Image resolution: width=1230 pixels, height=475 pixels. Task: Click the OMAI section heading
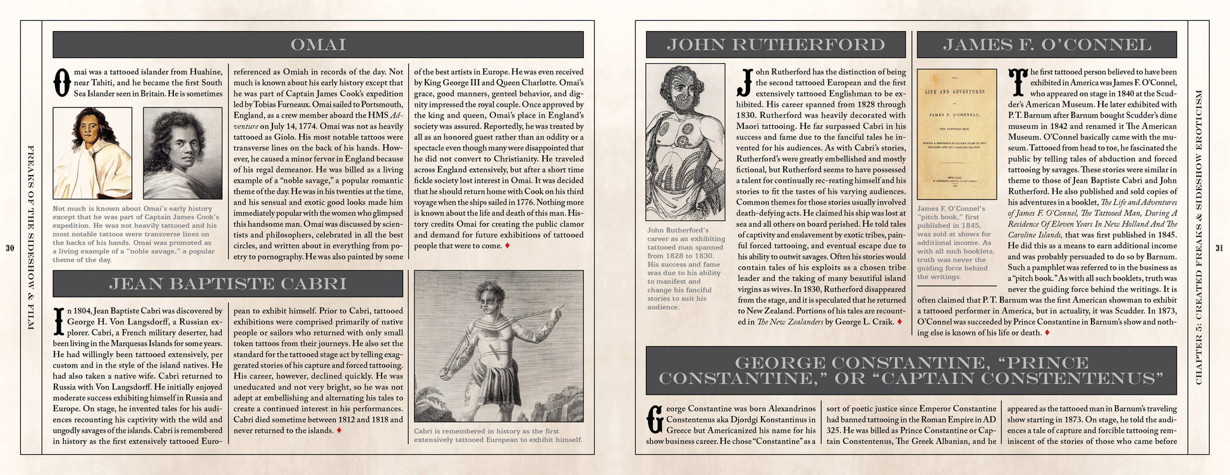pos(318,45)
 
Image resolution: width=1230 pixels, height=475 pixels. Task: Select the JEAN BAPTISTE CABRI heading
pos(228,284)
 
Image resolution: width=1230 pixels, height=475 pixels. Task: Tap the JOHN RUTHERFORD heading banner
pos(776,45)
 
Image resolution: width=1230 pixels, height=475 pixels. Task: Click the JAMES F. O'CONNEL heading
pos(1047,45)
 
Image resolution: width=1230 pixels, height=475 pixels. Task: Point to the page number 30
pos(9,248)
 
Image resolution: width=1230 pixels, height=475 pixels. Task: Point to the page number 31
pos(1219,248)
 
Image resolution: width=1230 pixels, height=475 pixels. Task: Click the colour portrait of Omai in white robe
pos(92,153)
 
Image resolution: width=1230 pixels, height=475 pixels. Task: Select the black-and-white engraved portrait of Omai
pos(183,153)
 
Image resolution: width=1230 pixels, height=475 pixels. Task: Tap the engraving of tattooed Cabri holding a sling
pos(498,346)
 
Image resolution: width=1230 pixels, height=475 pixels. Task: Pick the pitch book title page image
pos(956,134)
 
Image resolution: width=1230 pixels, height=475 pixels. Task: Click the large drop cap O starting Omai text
pos(61,83)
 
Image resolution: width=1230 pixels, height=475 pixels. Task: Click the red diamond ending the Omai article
pos(508,246)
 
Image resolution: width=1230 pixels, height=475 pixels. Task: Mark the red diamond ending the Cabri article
pos(339,431)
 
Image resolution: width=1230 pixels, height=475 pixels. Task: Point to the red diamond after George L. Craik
pos(899,322)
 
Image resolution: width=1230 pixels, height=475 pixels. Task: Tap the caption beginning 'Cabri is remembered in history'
pos(497,435)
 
